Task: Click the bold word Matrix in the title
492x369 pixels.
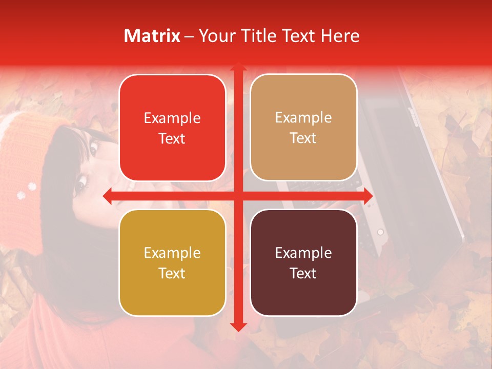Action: click(x=152, y=36)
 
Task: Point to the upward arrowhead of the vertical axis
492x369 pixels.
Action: click(x=238, y=68)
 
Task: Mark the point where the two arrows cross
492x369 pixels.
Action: click(x=238, y=196)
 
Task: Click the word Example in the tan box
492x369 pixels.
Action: click(x=303, y=118)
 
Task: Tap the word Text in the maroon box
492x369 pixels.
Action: click(x=303, y=273)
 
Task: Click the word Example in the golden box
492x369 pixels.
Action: click(x=172, y=253)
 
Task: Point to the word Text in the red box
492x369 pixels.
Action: click(x=172, y=138)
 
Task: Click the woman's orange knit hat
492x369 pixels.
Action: click(x=31, y=154)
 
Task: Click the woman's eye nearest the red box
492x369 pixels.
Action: click(x=93, y=148)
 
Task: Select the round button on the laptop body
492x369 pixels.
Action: click(x=380, y=232)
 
